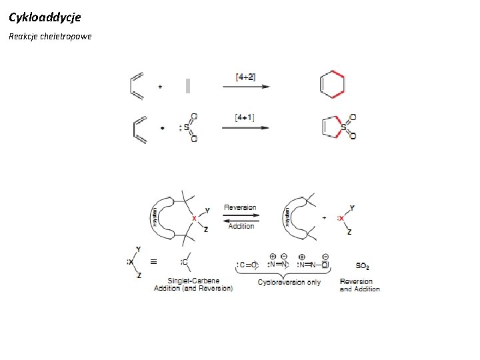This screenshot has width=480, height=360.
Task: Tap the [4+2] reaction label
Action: click(x=245, y=77)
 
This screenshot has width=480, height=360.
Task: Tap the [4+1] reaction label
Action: click(x=245, y=118)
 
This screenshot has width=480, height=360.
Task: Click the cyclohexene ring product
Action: click(x=333, y=85)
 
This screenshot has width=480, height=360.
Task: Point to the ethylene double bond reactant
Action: click(x=187, y=86)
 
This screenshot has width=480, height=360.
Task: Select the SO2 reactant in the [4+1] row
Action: click(x=189, y=127)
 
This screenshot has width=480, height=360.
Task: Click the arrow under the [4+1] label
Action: click(x=245, y=128)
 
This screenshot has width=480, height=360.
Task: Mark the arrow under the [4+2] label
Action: click(x=245, y=87)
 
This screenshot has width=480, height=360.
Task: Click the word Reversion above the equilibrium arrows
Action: click(x=240, y=207)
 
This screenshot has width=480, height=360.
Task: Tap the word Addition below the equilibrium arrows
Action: click(x=241, y=226)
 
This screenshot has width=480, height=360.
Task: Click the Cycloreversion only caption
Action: click(x=289, y=282)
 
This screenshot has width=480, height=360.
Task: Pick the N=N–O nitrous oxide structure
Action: click(x=315, y=265)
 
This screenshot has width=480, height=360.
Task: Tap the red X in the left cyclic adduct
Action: click(x=194, y=218)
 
